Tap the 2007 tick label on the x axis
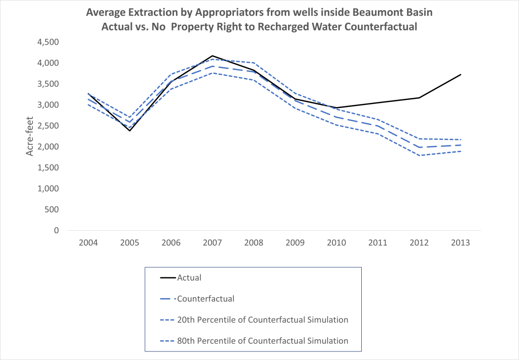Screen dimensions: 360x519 [x=212, y=243]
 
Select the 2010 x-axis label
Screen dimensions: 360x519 [x=336, y=243]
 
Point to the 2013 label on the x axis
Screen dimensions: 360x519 [x=461, y=243]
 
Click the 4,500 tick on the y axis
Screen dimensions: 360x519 [x=48, y=42]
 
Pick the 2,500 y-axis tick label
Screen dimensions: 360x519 [x=48, y=126]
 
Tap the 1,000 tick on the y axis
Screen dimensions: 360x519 [x=48, y=189]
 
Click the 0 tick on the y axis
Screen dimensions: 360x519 [x=56, y=231]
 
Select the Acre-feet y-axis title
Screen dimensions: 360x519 [x=30, y=136]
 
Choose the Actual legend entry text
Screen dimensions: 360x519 [x=189, y=277]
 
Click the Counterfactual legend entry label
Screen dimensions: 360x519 [x=205, y=299]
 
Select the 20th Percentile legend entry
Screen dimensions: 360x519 [x=263, y=319]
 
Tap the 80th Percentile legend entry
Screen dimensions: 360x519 [x=263, y=341]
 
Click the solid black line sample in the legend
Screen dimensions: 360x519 [x=167, y=278]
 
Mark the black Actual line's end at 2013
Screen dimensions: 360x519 [x=461, y=75]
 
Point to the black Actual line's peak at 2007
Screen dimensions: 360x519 [x=212, y=56]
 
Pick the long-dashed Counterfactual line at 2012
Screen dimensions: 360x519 [x=420, y=147]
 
